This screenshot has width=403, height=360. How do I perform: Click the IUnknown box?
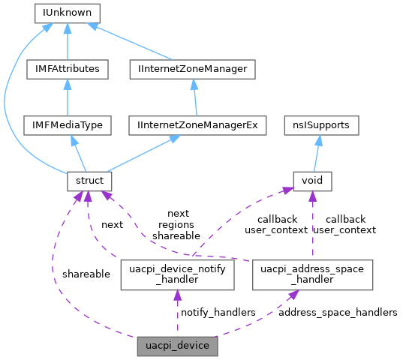(x=67, y=13)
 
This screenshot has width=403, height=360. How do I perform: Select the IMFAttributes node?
(x=67, y=69)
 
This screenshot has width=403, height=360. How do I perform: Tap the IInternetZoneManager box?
(x=193, y=69)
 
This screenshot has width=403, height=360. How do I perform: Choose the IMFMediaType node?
(x=67, y=125)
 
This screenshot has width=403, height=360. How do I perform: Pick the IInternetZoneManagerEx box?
(x=198, y=125)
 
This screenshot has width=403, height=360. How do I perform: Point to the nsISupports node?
(x=321, y=125)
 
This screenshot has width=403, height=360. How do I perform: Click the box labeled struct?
(x=89, y=181)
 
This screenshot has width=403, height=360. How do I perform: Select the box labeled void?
(x=311, y=181)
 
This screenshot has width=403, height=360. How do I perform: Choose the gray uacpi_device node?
(x=178, y=346)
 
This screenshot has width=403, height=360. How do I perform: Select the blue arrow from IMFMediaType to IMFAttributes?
(x=67, y=97)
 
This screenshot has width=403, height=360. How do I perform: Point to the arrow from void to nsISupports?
(x=316, y=154)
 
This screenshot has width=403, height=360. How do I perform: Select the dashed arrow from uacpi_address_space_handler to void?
(x=311, y=225)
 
